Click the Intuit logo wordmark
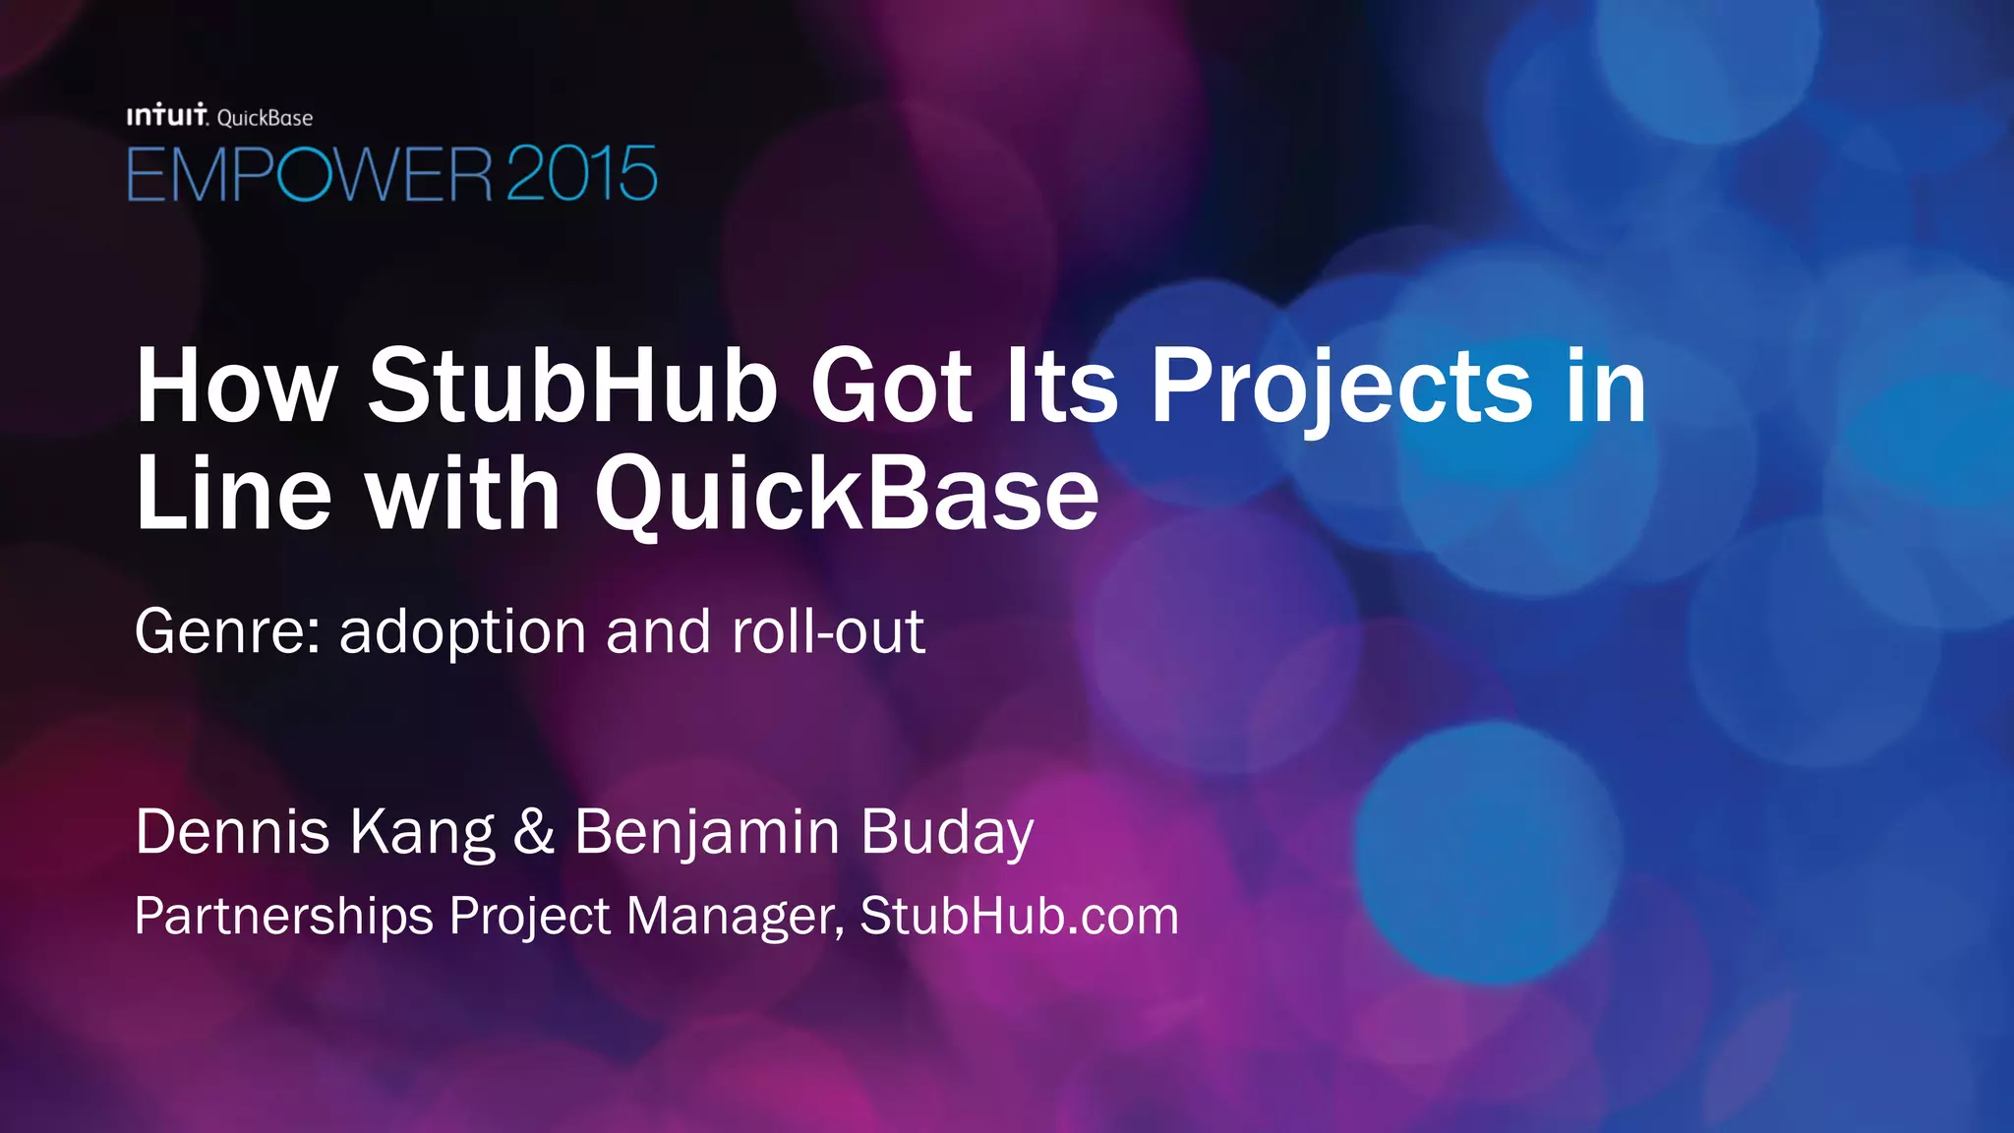click(x=167, y=116)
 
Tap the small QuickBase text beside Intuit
click(x=265, y=118)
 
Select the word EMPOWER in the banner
click(x=309, y=175)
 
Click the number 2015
click(x=581, y=175)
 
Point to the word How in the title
click(x=236, y=387)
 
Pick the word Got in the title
click(x=891, y=387)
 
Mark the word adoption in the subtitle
click(x=463, y=631)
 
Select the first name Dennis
click(x=232, y=832)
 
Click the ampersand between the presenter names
click(x=534, y=832)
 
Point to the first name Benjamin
click(x=707, y=832)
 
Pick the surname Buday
click(x=947, y=832)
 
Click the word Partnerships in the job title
click(x=283, y=917)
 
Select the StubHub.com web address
click(x=1019, y=917)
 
